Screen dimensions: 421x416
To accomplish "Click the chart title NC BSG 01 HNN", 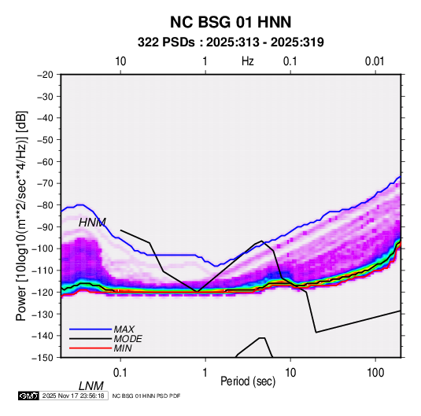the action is (x=231, y=22).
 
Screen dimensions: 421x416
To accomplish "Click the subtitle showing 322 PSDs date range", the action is (x=231, y=42).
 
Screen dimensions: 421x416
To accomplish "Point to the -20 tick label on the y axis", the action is (x=45, y=75).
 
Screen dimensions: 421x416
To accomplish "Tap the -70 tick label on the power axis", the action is (x=45, y=183).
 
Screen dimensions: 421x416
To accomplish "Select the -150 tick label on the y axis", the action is (x=43, y=358).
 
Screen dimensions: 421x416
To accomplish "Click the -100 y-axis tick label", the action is (x=43, y=248).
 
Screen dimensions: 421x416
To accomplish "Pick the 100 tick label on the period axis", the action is (x=375, y=373).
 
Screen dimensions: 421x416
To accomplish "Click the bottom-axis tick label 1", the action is (x=205, y=373).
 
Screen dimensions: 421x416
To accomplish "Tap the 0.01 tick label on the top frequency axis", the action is (x=375, y=61).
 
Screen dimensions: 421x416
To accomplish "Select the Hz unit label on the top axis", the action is (x=248, y=61).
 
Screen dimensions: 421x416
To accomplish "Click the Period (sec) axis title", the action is (x=248, y=381).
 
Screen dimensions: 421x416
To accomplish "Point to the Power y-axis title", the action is (x=21, y=215).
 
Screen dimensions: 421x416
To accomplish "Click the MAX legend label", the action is (x=124, y=329).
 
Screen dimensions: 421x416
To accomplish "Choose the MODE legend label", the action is (x=127, y=339).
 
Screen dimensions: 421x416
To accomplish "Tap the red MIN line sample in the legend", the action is (x=90, y=348).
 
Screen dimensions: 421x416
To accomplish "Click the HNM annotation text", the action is (x=92, y=223).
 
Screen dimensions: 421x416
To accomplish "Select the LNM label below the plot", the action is (x=90, y=386).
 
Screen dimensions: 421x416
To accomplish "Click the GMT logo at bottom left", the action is (x=29, y=396).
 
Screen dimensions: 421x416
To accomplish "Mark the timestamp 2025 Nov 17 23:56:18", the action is (x=73, y=396).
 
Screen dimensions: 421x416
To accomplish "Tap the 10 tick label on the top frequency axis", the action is (x=120, y=61).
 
